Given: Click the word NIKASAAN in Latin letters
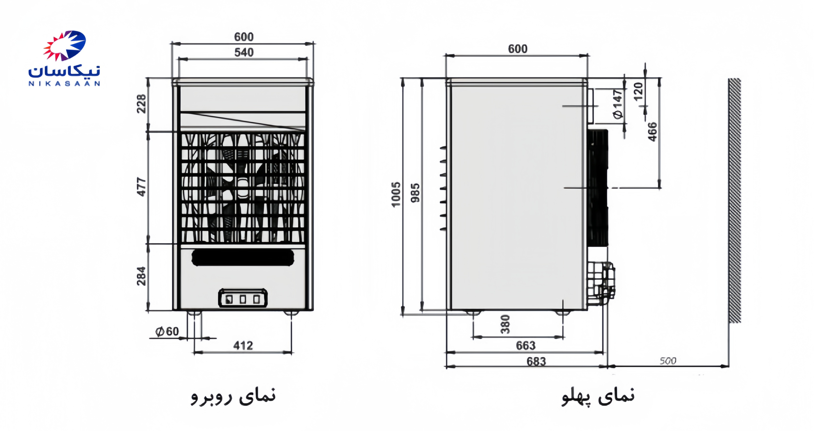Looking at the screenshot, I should tap(64, 84).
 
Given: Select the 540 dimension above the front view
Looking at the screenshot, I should tap(244, 52).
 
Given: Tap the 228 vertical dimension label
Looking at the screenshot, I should tap(141, 104).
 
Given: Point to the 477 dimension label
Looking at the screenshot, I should tap(141, 187).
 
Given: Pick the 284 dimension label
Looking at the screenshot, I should tap(141, 276).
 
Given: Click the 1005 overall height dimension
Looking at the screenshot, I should tap(396, 195).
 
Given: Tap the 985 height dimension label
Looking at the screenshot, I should tap(416, 193).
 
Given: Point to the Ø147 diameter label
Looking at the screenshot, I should tap(618, 104).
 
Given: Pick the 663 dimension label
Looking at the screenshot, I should tap(526, 345).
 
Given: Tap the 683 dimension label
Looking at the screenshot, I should tap(536, 361).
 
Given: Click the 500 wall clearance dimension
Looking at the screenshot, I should tap(668, 361).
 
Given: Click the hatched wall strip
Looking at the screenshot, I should tap(735, 200).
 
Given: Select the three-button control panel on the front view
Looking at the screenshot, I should tap(243, 298).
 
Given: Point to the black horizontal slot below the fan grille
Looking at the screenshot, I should tap(243, 258).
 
